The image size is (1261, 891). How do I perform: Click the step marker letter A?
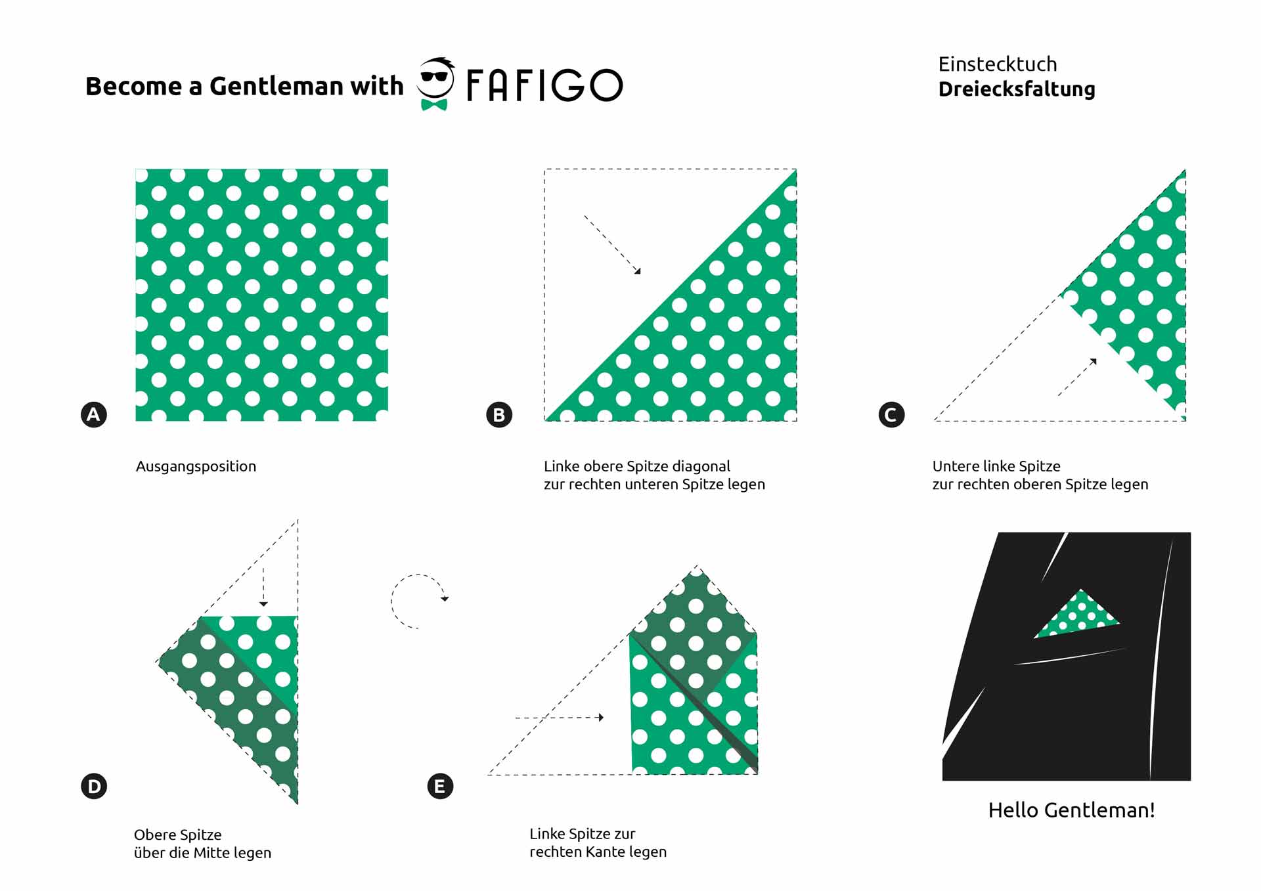94,414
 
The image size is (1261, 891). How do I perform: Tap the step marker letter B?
499,415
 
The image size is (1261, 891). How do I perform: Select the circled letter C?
891,415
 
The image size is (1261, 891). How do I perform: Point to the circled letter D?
94,786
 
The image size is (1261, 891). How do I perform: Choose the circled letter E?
440,786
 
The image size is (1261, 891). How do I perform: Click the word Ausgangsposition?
196,466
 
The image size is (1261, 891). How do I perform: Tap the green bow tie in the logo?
434,104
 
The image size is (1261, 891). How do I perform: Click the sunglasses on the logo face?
434,76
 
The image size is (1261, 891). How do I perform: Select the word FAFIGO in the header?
544,85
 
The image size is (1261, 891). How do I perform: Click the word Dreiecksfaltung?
1017,89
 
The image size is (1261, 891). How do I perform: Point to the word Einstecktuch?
998,64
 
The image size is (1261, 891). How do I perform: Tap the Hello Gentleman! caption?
1071,810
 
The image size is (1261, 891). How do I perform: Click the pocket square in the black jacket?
1077,616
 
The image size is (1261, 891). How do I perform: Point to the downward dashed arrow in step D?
263,586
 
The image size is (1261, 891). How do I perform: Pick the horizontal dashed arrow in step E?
560,718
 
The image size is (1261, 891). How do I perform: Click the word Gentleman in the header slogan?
277,86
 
